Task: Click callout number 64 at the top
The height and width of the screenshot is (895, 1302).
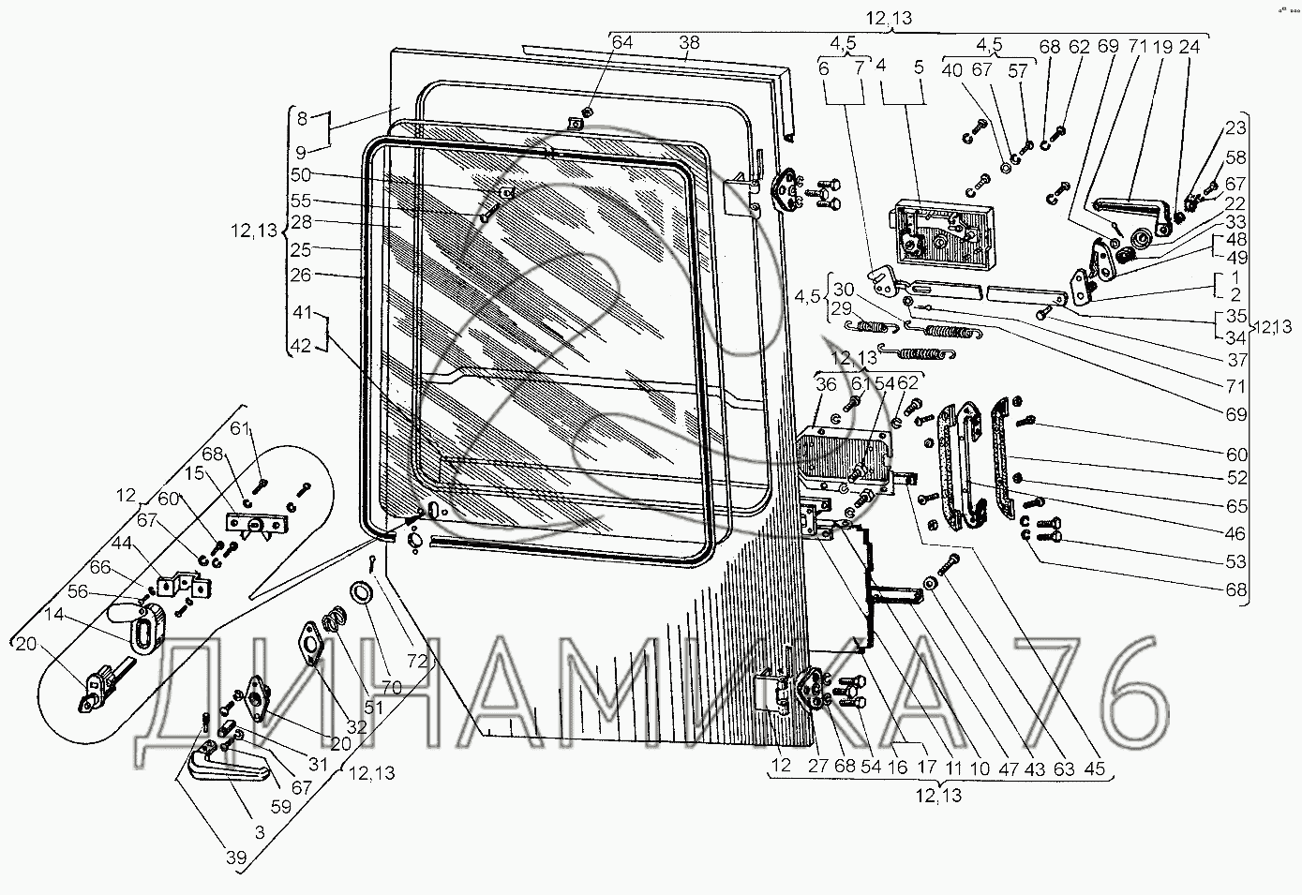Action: click(622, 42)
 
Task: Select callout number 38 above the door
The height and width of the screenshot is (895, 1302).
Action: click(689, 42)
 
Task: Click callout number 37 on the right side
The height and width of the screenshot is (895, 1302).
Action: click(1238, 360)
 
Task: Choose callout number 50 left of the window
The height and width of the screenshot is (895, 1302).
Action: click(300, 175)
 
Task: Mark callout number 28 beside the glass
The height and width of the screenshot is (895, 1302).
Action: click(300, 222)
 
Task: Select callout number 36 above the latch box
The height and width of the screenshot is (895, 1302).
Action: click(825, 383)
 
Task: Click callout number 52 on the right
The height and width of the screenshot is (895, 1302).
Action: click(1237, 477)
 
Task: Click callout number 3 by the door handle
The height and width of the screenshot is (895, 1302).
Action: click(258, 831)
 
